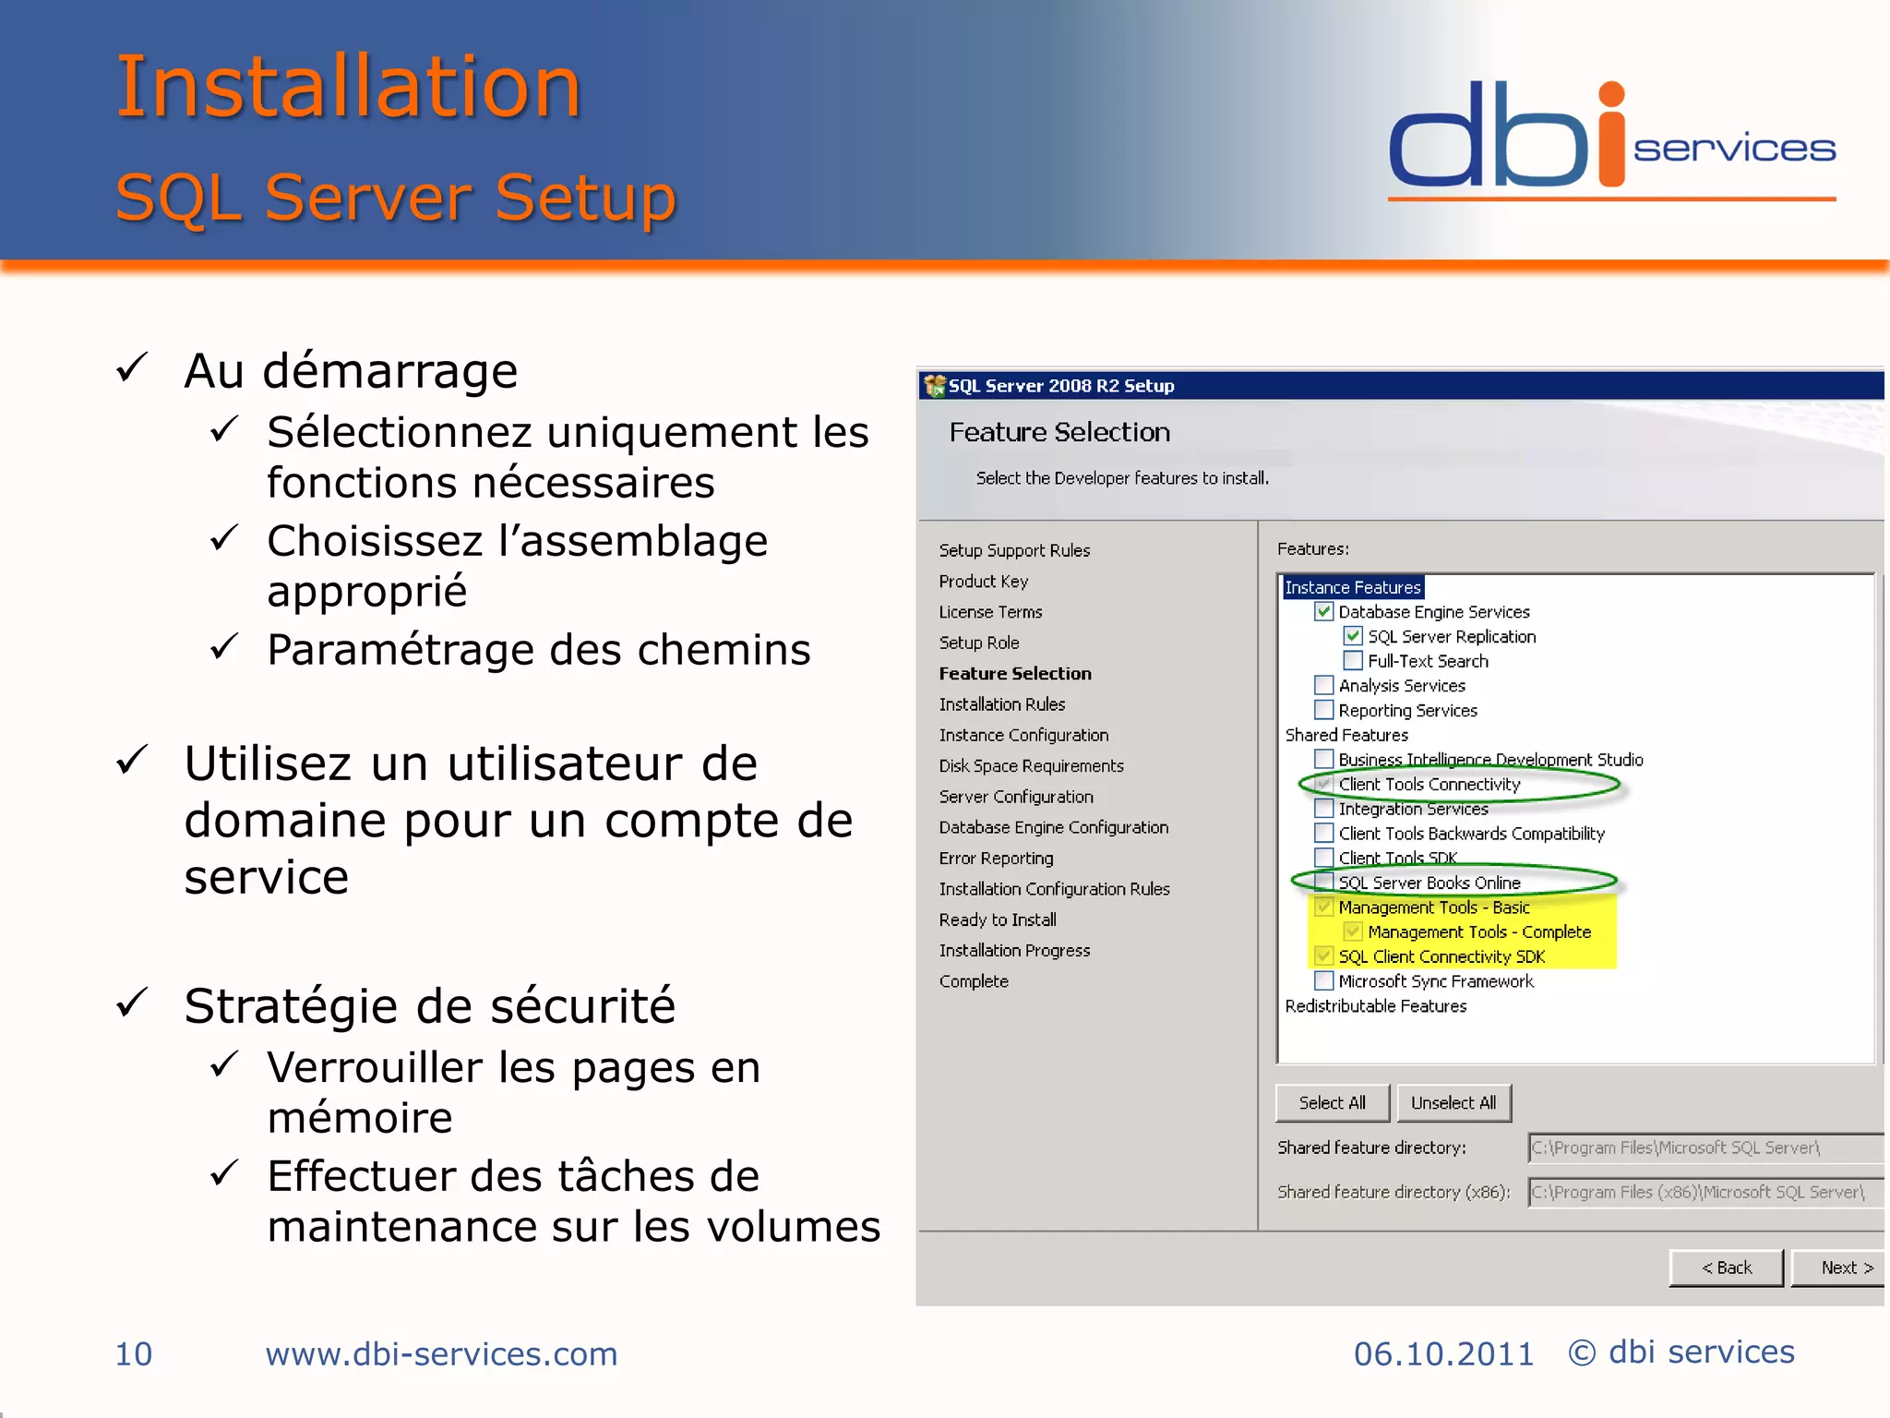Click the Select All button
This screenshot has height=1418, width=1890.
(x=1332, y=1103)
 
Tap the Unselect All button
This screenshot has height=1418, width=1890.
(x=1453, y=1103)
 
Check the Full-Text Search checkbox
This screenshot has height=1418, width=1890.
(x=1353, y=661)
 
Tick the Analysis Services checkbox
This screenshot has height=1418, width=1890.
(x=1324, y=686)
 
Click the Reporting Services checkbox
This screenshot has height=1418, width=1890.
(x=1324, y=710)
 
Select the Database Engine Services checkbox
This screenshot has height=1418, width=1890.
(x=1324, y=611)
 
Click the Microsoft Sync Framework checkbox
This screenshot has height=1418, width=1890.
(x=1324, y=981)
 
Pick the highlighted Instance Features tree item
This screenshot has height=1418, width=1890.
(x=1353, y=587)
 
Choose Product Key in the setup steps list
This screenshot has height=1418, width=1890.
(x=984, y=582)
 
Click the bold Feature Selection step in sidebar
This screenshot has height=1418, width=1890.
(x=1015, y=674)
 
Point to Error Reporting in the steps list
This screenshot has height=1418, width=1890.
(x=996, y=859)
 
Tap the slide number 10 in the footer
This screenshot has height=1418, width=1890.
(x=134, y=1354)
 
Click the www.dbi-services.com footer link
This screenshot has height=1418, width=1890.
(x=441, y=1354)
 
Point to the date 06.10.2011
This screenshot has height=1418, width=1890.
(x=1443, y=1354)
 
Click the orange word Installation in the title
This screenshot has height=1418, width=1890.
(x=349, y=87)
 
